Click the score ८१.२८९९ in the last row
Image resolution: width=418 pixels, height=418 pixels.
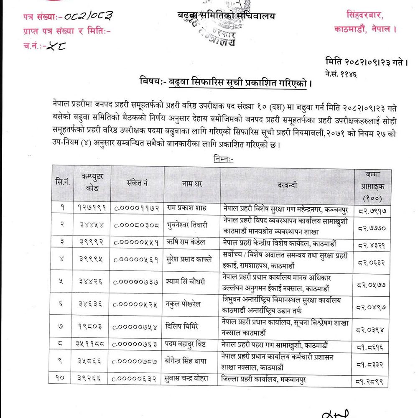click(x=372, y=381)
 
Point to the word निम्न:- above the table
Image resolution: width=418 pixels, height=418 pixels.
click(x=224, y=159)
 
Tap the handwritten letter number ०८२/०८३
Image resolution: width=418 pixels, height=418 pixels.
click(x=87, y=17)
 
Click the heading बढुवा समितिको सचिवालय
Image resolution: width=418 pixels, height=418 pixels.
click(x=226, y=16)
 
